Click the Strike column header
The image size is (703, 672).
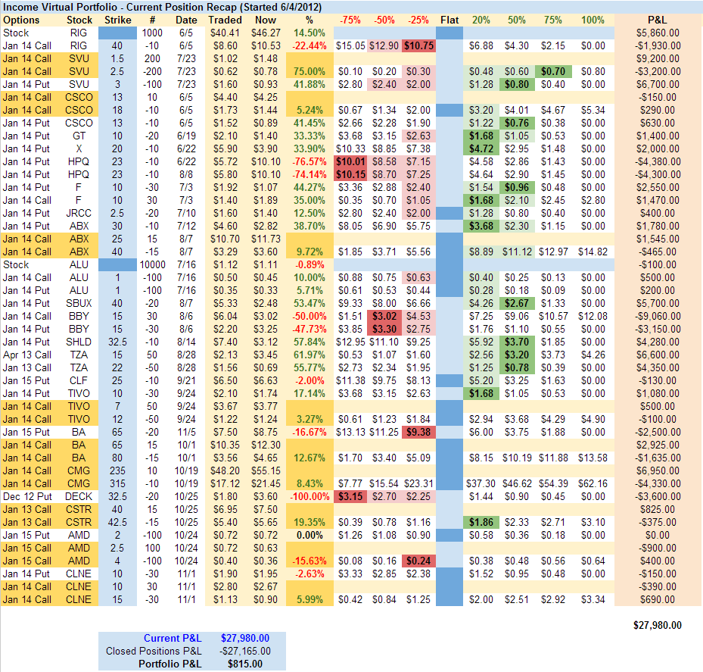tap(117, 19)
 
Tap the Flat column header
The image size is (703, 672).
tap(449, 19)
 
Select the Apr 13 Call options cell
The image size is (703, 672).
tap(26, 355)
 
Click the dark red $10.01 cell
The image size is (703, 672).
tap(350, 161)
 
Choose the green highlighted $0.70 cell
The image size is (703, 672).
tap(552, 71)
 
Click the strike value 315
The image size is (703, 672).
tap(117, 483)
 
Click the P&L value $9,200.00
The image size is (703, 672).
tap(658, 58)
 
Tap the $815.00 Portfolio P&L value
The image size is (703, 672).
tap(244, 664)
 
